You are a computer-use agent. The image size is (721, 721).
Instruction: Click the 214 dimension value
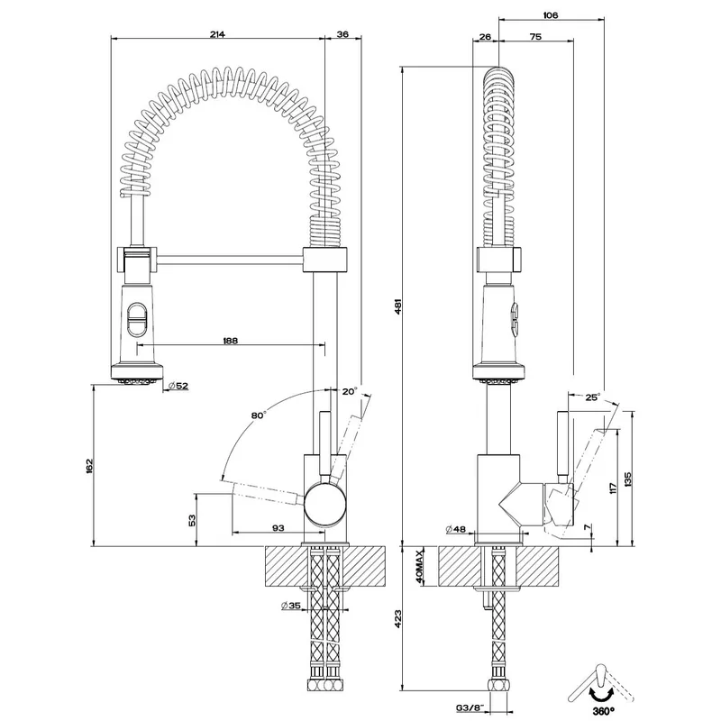coord(217,34)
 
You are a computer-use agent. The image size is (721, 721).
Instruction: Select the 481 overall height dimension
coord(398,306)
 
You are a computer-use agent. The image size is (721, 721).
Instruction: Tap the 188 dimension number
coord(230,341)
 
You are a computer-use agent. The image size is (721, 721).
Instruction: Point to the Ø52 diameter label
coord(178,386)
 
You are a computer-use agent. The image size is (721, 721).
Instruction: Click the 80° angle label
coord(259,415)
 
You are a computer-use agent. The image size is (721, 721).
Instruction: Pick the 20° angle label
coord(350,392)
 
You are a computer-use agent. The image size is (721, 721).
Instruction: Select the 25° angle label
coord(592,397)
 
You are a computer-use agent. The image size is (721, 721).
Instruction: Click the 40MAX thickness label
coord(420,567)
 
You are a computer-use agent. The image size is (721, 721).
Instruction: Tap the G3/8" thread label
coord(470,707)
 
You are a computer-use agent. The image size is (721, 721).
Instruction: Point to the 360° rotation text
coord(603,712)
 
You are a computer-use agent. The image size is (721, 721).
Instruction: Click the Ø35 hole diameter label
coord(290,606)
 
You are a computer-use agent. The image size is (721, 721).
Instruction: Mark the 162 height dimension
coord(89,466)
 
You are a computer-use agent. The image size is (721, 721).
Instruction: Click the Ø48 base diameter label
coord(456,529)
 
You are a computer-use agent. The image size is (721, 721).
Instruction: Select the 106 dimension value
coord(551,15)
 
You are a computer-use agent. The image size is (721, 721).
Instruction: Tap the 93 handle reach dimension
coord(278,528)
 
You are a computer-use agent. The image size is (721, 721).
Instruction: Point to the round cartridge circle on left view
coord(325,505)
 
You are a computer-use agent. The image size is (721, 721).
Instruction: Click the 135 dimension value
coord(628,479)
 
